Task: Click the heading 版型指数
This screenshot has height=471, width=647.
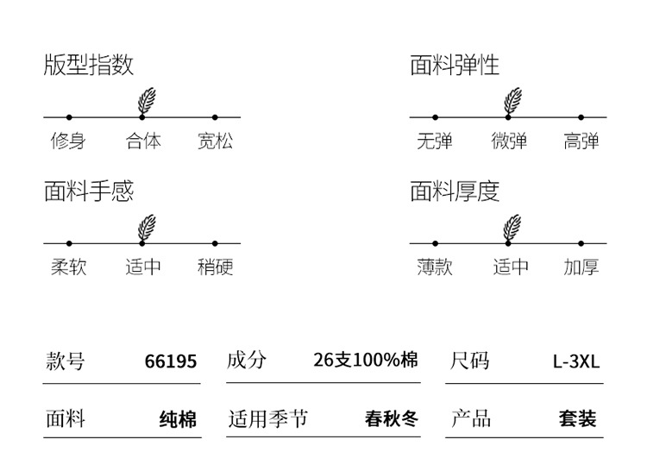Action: [89, 65]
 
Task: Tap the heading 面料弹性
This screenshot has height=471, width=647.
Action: [455, 65]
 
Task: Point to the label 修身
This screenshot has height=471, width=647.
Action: [68, 141]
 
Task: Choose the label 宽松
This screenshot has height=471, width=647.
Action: [215, 141]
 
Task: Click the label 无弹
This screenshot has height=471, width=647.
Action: [434, 141]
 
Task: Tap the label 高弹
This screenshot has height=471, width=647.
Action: [581, 141]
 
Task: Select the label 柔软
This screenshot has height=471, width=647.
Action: [68, 267]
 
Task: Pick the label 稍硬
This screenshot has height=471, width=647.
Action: [215, 267]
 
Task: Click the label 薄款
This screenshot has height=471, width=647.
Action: [434, 267]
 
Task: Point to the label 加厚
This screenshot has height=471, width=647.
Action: [581, 267]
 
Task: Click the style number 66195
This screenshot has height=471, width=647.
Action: [171, 361]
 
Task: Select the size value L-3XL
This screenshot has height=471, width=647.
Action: [575, 361]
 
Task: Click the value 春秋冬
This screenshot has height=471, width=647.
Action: [392, 419]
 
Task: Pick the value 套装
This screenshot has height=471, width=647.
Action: [577, 419]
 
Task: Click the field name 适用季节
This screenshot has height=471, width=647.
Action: [267, 419]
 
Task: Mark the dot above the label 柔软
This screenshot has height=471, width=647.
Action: [69, 243]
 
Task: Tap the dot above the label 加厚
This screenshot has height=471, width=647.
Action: [581, 243]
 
